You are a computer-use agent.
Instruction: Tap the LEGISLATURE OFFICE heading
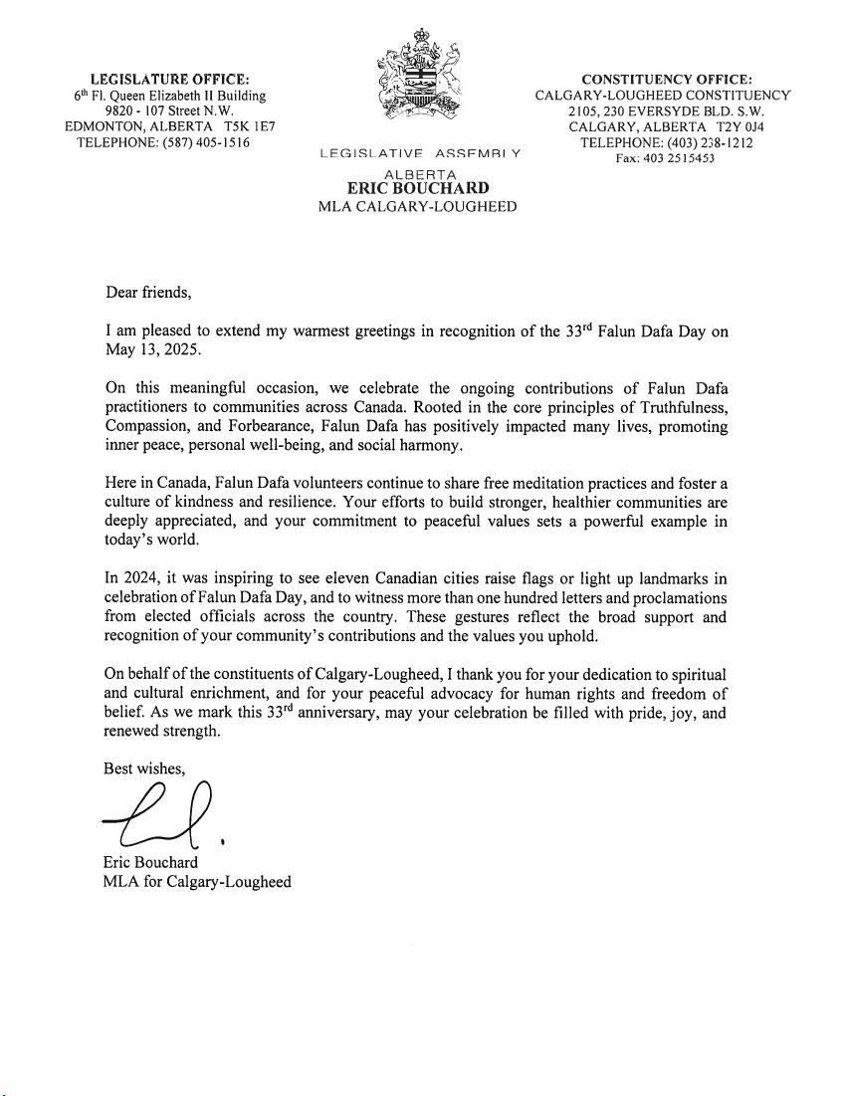coord(170,80)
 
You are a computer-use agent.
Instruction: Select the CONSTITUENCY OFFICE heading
coord(667,80)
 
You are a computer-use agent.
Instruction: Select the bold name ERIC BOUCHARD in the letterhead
coord(418,188)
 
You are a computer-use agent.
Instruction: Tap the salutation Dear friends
coord(146,293)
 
